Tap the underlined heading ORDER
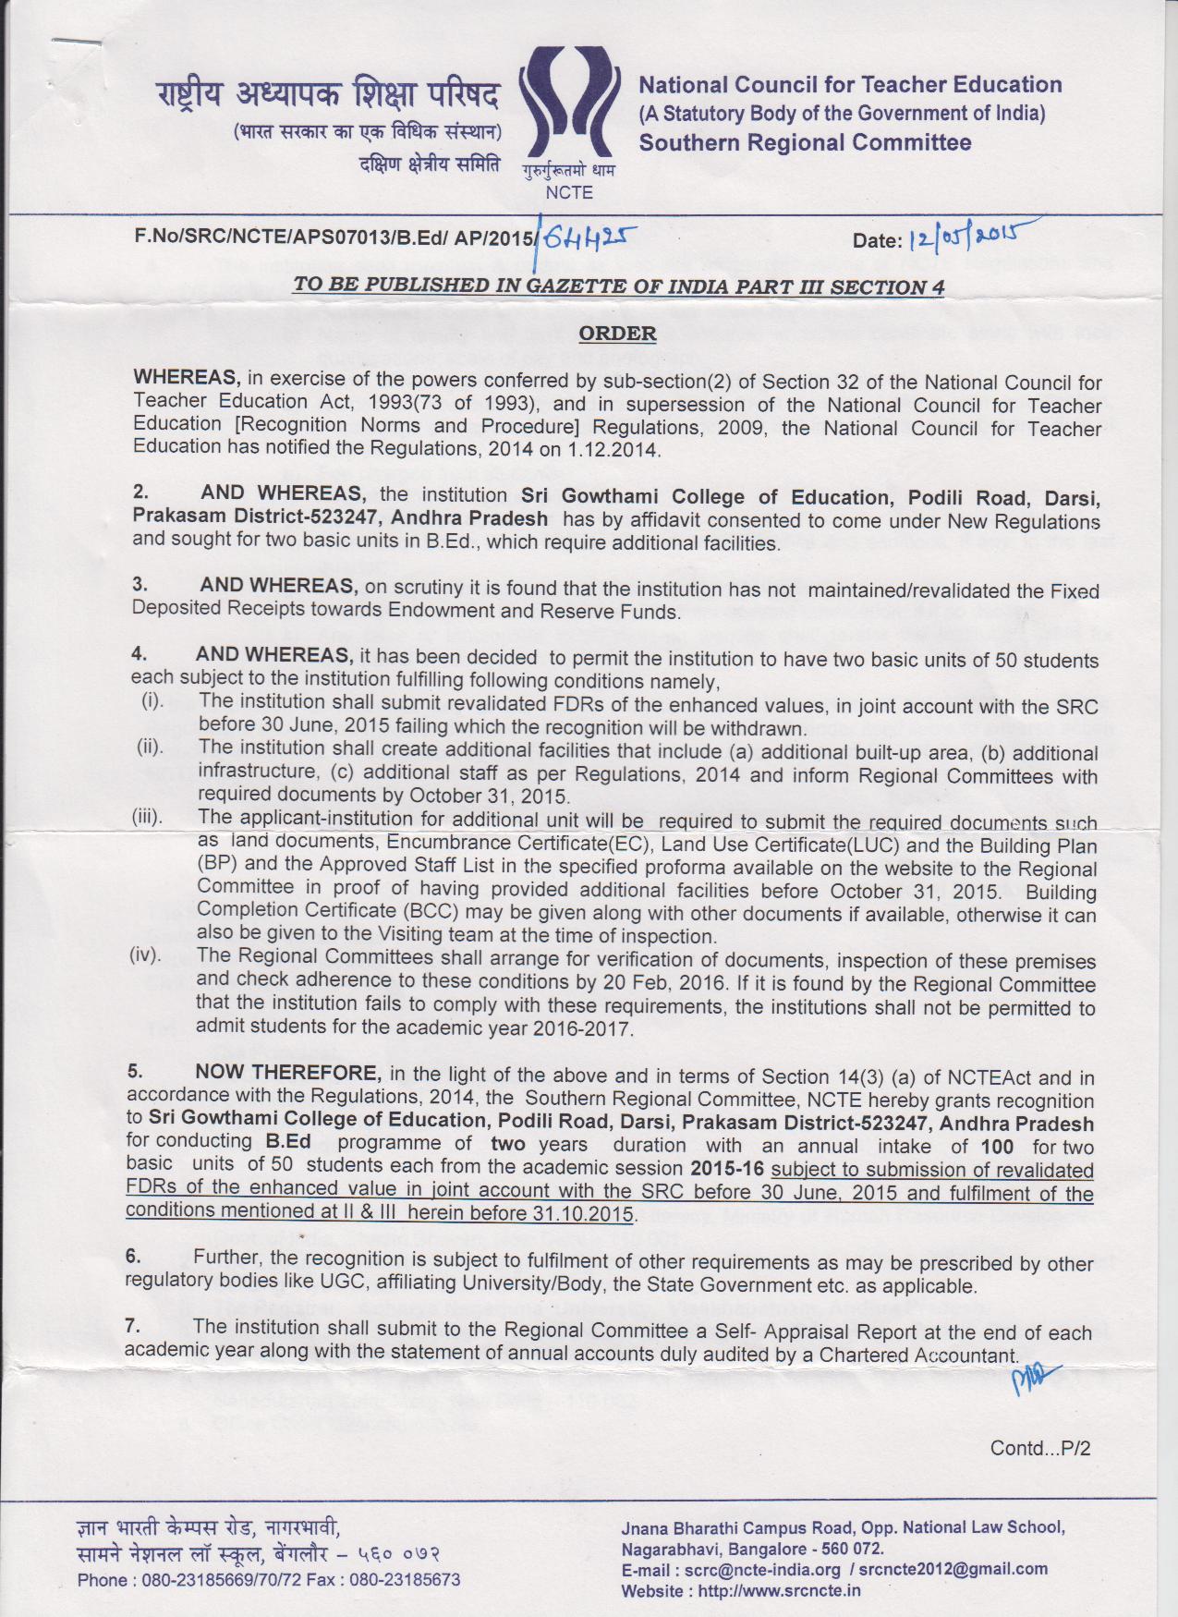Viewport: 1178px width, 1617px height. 617,333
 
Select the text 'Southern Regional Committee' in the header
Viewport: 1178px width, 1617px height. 805,142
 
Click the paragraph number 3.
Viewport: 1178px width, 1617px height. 140,585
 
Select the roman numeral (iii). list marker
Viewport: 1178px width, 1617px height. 149,817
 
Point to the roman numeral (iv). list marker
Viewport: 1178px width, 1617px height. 145,954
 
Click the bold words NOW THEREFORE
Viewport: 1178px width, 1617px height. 287,1072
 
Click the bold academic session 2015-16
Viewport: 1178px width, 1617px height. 728,1169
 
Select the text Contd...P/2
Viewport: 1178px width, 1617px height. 1039,1448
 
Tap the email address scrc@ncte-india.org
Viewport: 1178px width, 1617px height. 762,1569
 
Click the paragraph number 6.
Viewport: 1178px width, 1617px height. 134,1257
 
